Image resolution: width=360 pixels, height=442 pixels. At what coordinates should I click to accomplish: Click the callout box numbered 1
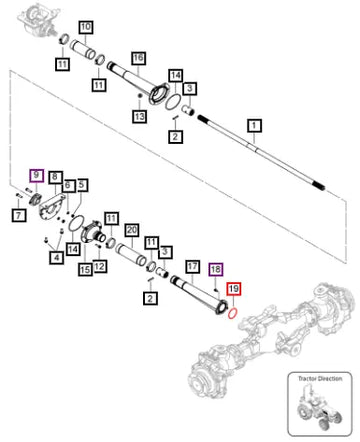click(254, 126)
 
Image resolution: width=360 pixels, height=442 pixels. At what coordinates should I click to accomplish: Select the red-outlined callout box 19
click(234, 289)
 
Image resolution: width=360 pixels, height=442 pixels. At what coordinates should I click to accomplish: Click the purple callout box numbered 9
click(36, 175)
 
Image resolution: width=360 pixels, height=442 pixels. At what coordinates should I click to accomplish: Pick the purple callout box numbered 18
click(216, 269)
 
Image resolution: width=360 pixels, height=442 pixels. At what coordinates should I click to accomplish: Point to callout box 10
click(86, 27)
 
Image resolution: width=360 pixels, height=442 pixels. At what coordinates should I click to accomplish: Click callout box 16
click(138, 58)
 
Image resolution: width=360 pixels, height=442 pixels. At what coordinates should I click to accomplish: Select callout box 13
click(140, 116)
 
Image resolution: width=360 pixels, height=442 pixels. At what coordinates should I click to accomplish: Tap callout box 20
click(132, 230)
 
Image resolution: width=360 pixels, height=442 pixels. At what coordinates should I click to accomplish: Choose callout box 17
click(192, 267)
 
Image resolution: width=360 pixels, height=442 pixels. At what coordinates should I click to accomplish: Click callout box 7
click(19, 215)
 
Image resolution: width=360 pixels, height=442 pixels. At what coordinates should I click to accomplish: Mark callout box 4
click(57, 257)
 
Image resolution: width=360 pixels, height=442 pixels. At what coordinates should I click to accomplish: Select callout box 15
click(85, 269)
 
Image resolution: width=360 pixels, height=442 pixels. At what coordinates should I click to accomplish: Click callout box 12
click(100, 266)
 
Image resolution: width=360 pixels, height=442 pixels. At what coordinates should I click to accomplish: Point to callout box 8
click(55, 177)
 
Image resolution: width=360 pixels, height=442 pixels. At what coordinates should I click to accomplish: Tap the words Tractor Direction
click(320, 379)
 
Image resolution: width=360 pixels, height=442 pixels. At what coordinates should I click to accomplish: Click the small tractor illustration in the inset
click(319, 406)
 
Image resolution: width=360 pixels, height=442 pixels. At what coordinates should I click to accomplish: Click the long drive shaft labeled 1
click(261, 154)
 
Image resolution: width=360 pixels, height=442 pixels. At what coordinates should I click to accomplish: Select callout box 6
click(68, 186)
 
